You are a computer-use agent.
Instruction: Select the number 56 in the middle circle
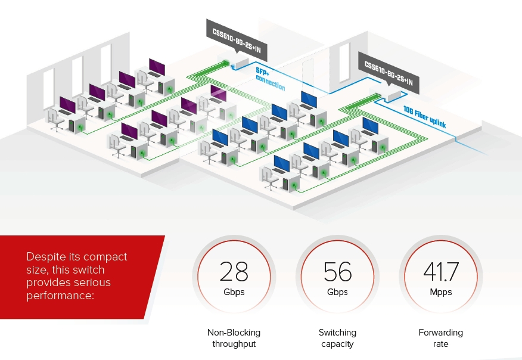(x=338, y=271)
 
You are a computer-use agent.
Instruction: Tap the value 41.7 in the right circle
(x=441, y=271)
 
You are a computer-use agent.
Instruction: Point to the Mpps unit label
(x=441, y=292)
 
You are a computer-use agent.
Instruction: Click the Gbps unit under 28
(x=234, y=292)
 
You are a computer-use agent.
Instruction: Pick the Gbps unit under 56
(x=338, y=292)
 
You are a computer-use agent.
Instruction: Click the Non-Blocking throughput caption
(x=234, y=338)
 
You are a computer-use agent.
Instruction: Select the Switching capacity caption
(x=337, y=338)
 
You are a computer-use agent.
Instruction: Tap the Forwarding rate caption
(x=441, y=338)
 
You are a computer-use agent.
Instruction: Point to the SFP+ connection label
(x=269, y=79)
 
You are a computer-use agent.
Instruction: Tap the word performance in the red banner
(x=60, y=294)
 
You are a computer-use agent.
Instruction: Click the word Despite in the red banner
(x=44, y=257)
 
